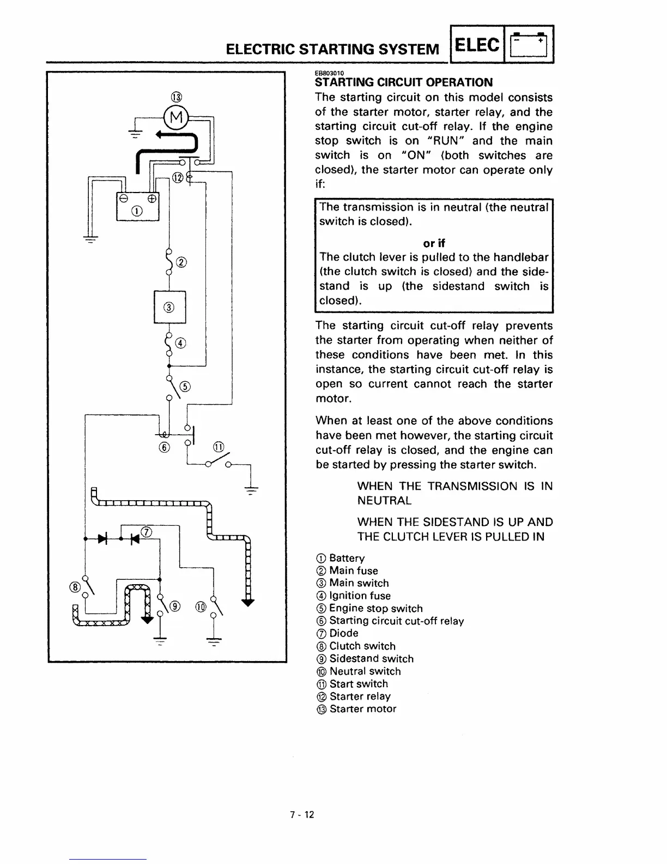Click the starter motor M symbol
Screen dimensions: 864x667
pyautogui.click(x=175, y=117)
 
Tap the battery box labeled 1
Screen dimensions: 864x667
pyautogui.click(x=137, y=205)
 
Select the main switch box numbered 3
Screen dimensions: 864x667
pyautogui.click(x=169, y=307)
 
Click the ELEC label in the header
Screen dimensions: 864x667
pyautogui.click(x=476, y=45)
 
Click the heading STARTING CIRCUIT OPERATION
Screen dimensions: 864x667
pyautogui.click(x=404, y=82)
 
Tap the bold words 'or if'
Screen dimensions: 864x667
pyautogui.click(x=434, y=243)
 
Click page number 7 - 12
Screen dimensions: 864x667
pyautogui.click(x=302, y=815)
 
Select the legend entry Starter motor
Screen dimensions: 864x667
pyautogui.click(x=362, y=709)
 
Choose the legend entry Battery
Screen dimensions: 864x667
pyautogui.click(x=347, y=558)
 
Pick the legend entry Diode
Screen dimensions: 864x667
pyautogui.click(x=343, y=633)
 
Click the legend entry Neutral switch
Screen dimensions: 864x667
pyautogui.click(x=365, y=671)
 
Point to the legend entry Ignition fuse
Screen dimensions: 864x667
pyautogui.click(x=360, y=596)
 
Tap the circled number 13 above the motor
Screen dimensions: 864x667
pyautogui.click(x=175, y=98)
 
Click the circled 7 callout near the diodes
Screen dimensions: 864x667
pyautogui.click(x=146, y=532)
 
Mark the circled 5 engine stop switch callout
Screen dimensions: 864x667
pyautogui.click(x=185, y=387)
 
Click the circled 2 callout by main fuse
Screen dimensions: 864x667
pyautogui.click(x=182, y=263)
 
